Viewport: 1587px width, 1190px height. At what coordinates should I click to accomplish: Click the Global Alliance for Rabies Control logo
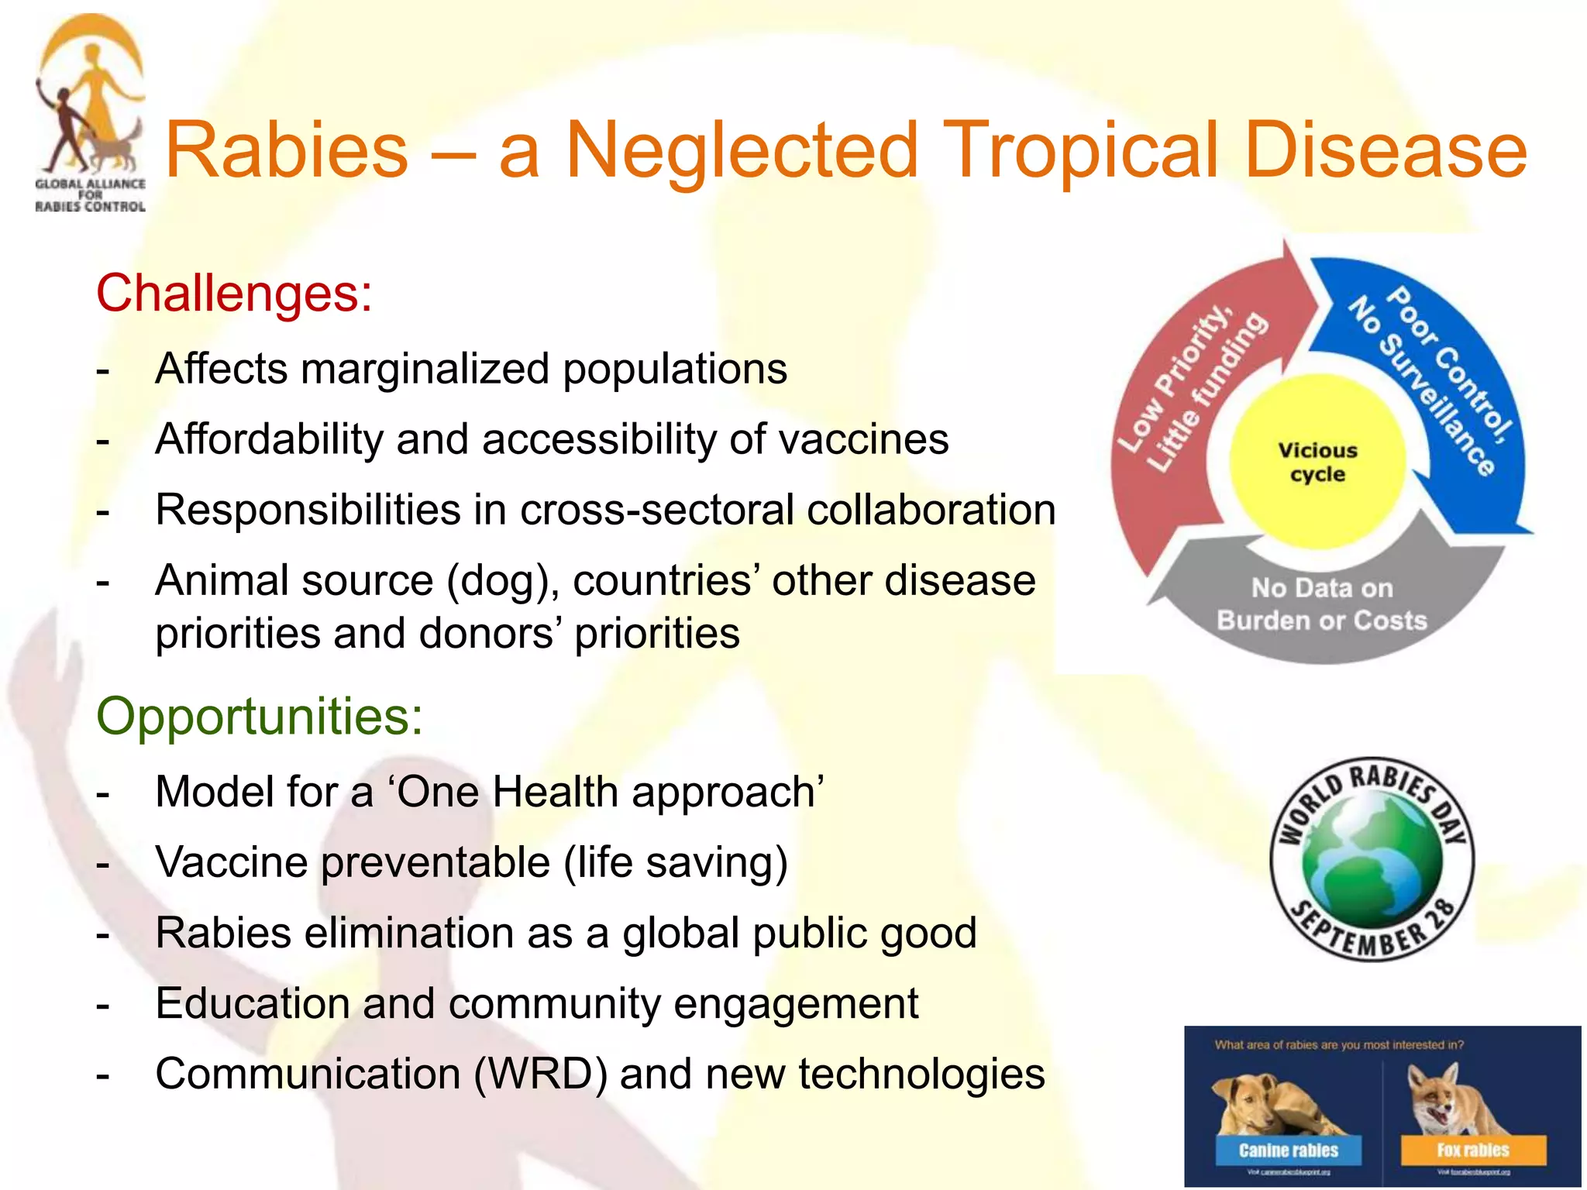[90, 112]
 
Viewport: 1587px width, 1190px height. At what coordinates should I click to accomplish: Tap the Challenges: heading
[233, 294]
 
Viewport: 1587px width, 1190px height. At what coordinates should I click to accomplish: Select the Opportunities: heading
[260, 716]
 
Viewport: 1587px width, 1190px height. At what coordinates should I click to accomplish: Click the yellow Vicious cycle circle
[1317, 463]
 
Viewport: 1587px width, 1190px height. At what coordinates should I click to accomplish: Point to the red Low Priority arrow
[1186, 403]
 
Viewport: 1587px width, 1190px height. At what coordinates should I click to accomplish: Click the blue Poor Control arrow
[1441, 387]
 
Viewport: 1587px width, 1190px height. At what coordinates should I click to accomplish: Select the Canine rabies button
[1288, 1150]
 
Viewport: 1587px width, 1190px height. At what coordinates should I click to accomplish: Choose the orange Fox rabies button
[1472, 1150]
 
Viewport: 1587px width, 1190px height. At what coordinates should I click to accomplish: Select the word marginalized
[425, 369]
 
